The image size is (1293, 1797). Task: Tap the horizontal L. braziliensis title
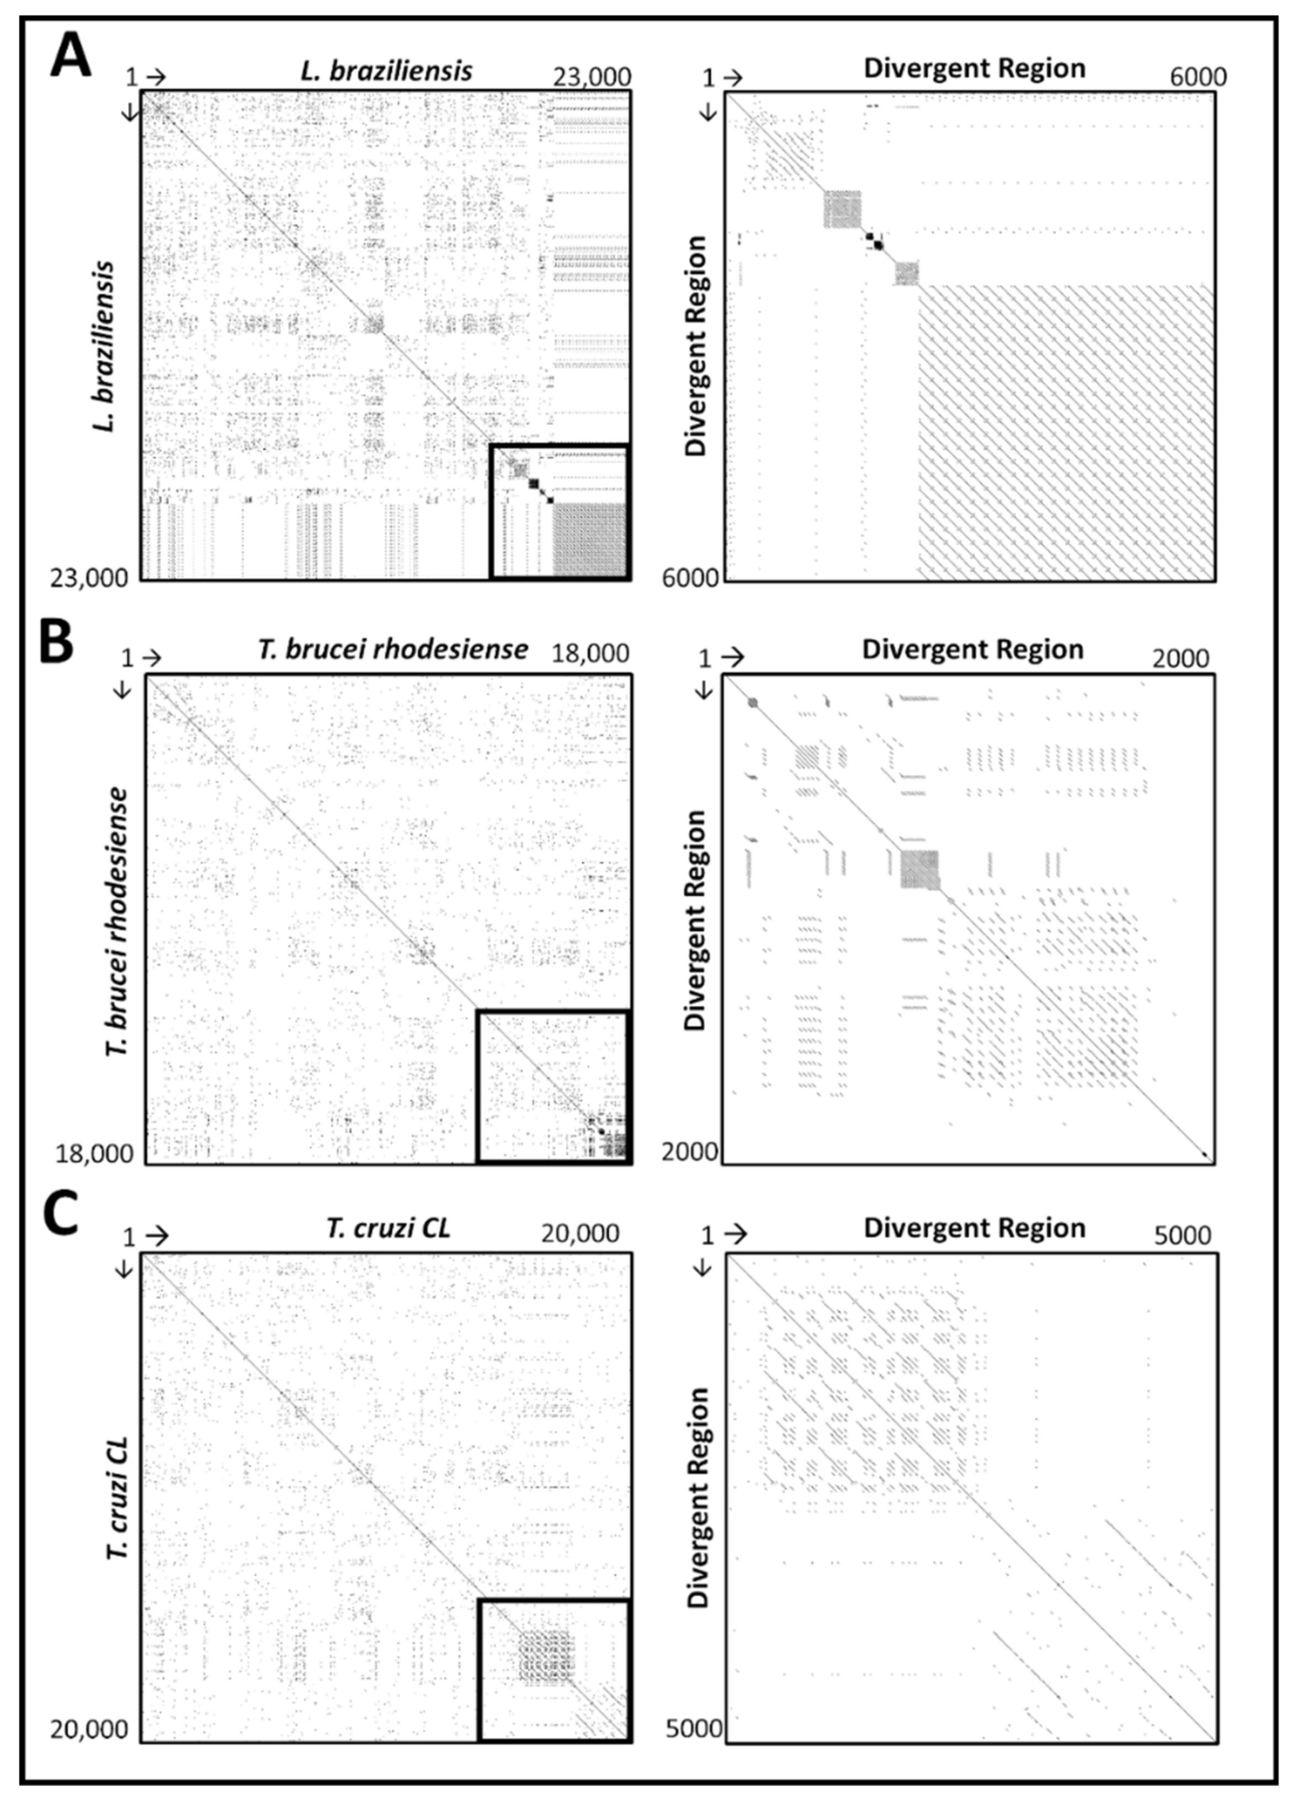tap(387, 71)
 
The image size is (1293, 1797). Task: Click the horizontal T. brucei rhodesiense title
tap(392, 650)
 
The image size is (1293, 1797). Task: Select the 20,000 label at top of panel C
tap(580, 1234)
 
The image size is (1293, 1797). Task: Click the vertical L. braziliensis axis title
tap(103, 345)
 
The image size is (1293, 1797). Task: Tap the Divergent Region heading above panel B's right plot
tap(973, 650)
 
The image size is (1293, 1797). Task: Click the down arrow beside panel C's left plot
tap(124, 1269)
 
